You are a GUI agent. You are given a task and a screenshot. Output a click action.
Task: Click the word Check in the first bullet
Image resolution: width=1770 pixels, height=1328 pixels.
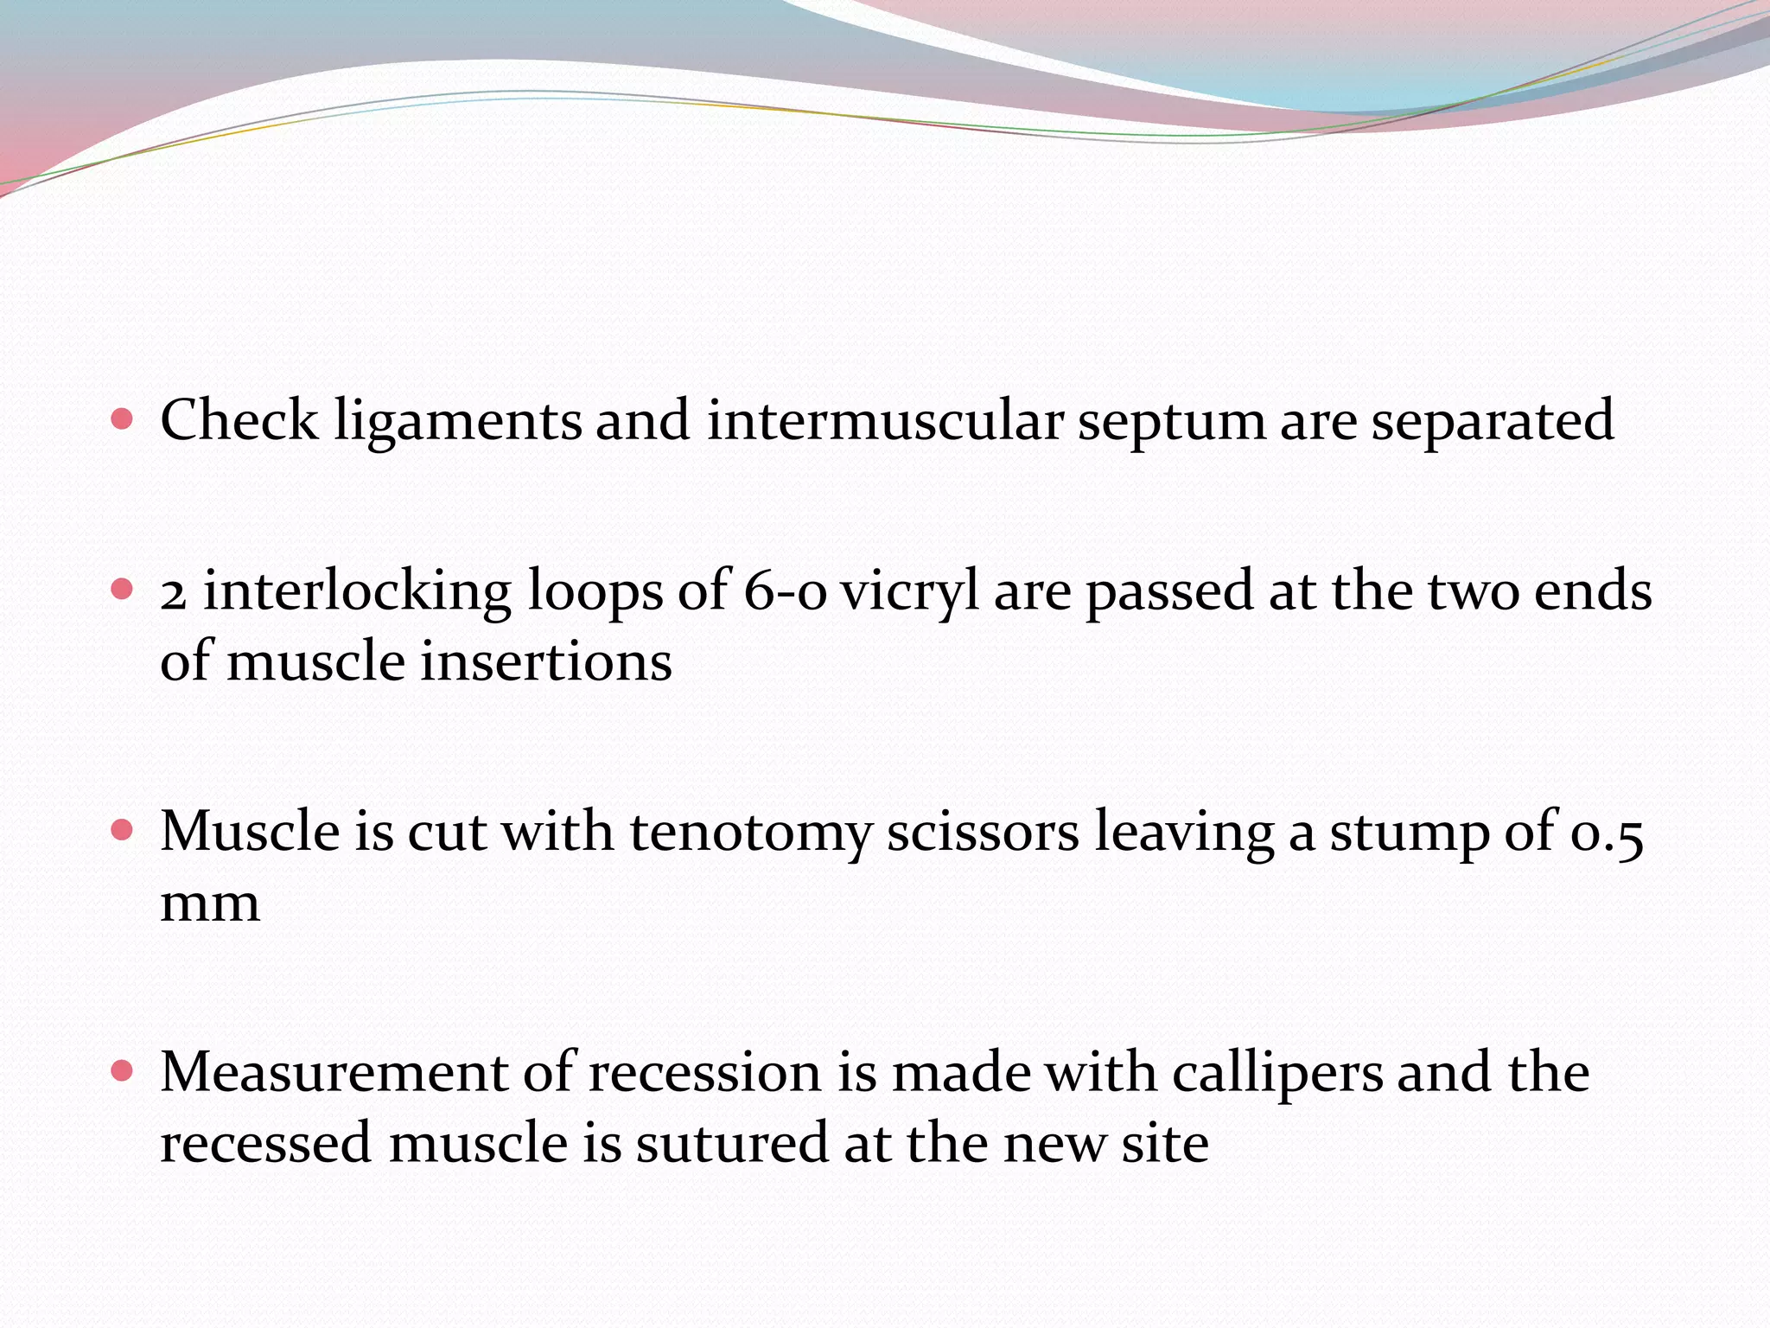click(239, 421)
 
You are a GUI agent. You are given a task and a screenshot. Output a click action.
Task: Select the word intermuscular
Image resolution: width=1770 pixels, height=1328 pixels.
click(884, 421)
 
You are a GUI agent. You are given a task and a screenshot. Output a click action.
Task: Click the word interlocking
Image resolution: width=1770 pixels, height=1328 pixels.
click(357, 593)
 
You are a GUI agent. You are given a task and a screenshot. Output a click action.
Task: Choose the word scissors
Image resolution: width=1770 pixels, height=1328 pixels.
click(983, 833)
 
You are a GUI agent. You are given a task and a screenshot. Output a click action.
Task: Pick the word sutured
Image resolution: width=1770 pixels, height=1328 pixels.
click(732, 1143)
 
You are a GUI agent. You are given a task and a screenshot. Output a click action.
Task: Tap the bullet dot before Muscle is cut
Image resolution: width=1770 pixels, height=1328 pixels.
click(123, 831)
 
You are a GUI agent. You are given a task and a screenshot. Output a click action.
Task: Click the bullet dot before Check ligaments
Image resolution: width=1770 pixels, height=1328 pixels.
click(123, 420)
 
